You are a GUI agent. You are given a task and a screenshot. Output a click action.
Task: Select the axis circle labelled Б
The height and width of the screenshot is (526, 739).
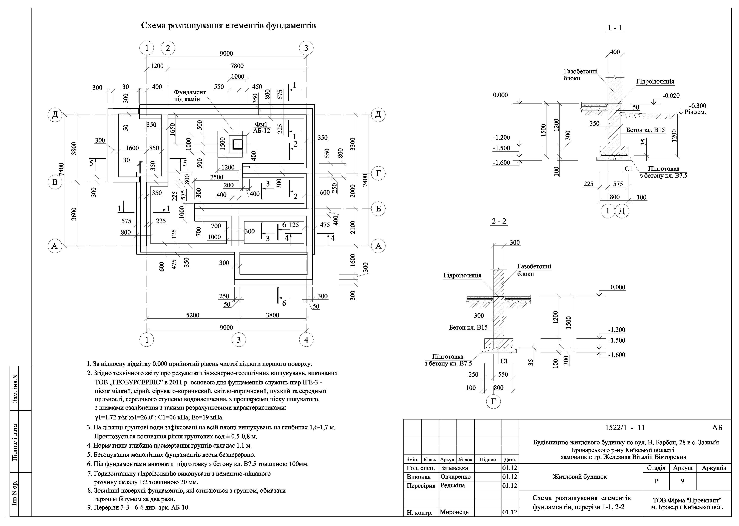pos(378,209)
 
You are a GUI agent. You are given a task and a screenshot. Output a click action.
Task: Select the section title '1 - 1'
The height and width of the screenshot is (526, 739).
pos(615,28)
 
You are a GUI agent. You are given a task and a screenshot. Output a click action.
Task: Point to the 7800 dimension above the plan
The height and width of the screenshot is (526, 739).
pos(237,66)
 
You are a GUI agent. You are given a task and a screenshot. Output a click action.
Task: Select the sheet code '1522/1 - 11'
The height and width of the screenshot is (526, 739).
pos(625,428)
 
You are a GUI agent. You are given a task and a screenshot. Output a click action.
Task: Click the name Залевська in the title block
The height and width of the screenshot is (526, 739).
pos(454,468)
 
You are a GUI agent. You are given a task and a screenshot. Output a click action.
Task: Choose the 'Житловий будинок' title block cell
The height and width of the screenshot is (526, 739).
pos(580,477)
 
